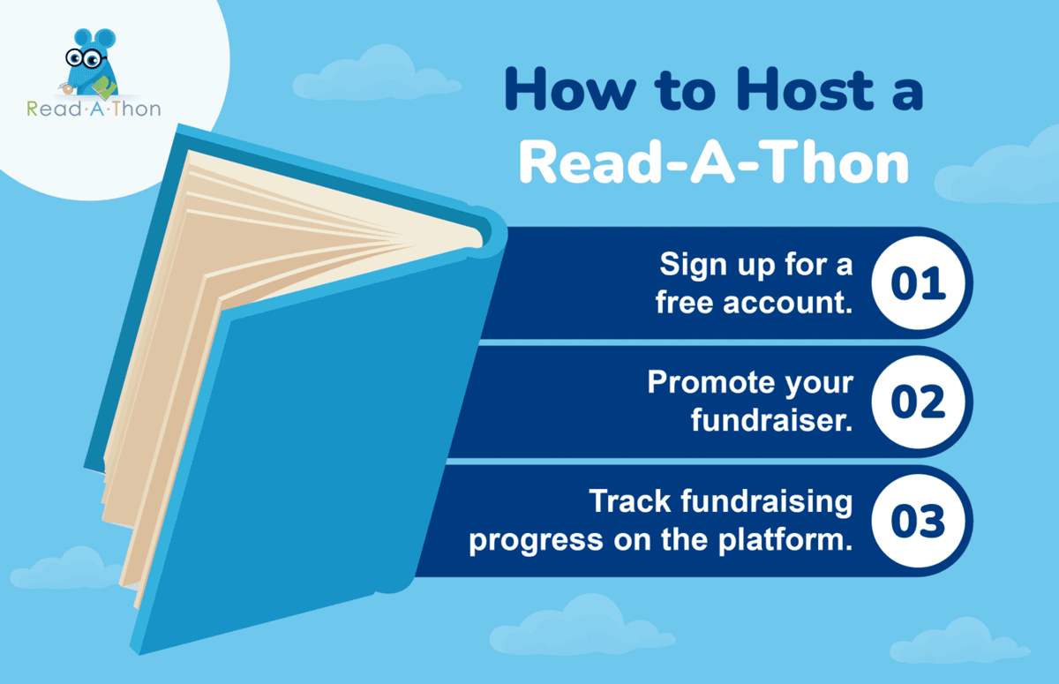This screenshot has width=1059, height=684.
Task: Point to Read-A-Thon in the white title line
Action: pyautogui.click(x=713, y=163)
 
